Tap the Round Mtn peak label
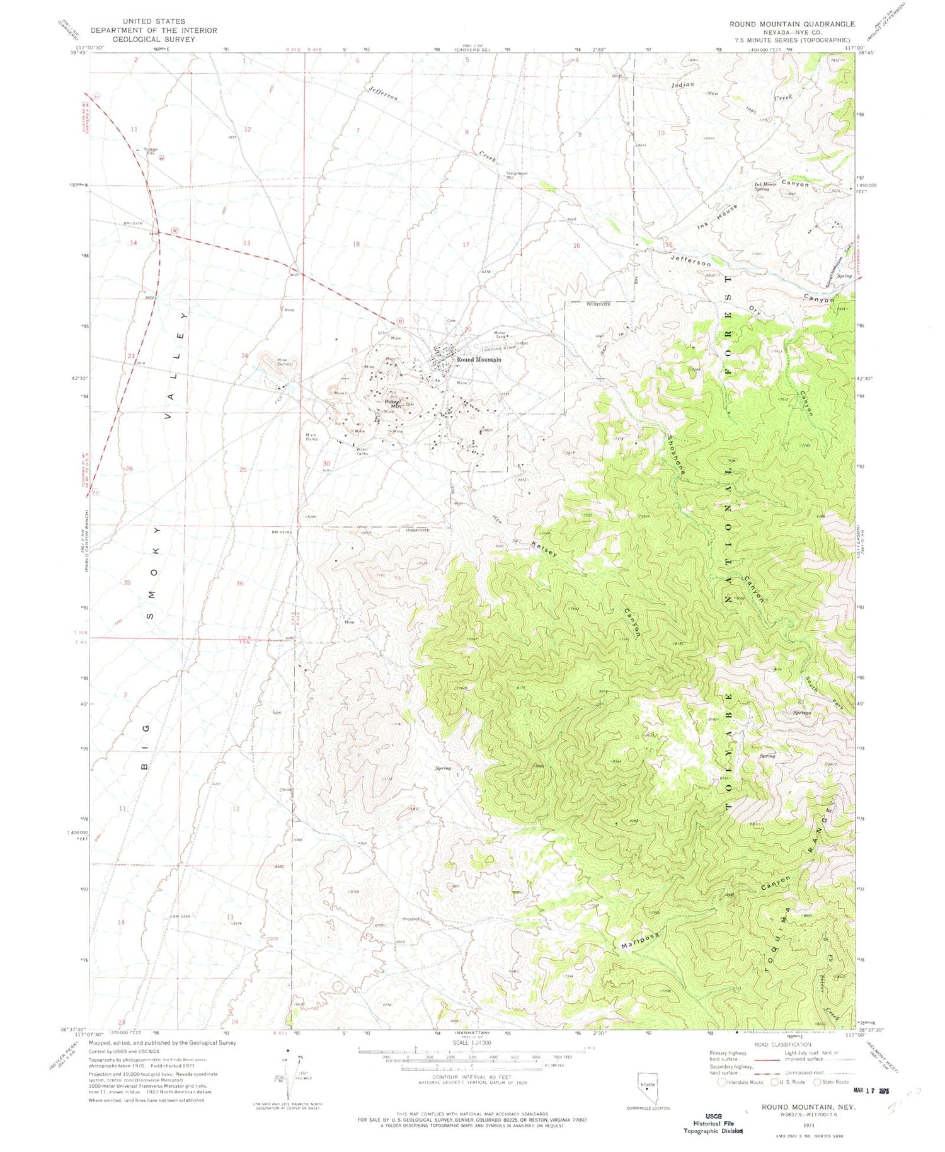pyautogui.click(x=393, y=404)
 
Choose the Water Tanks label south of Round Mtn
pyautogui.click(x=363, y=451)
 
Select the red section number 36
pyautogui.click(x=240, y=584)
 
